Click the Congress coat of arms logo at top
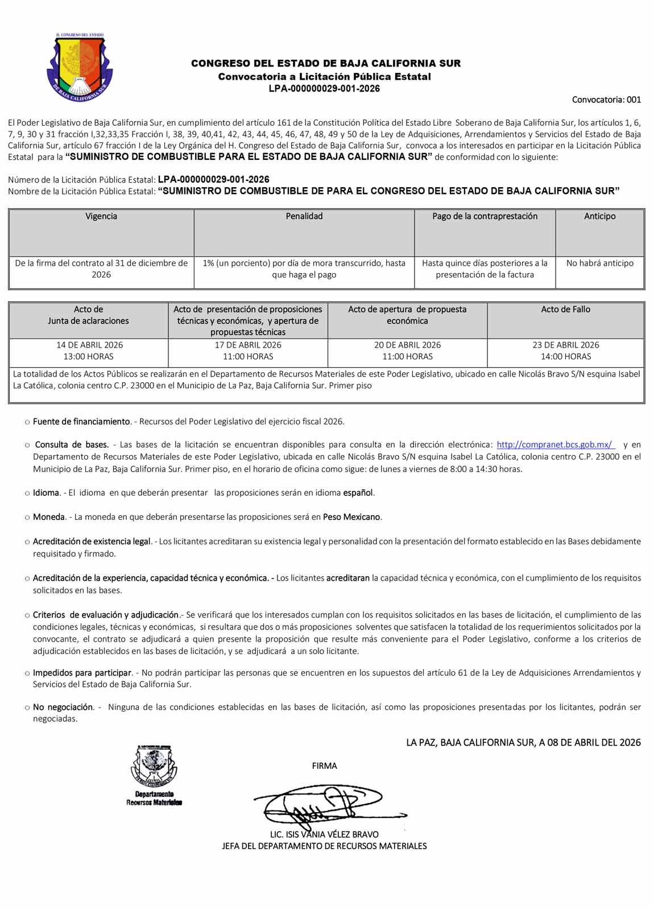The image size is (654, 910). pyautogui.click(x=80, y=64)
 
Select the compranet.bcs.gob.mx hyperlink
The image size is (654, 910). pyautogui.click(x=556, y=444)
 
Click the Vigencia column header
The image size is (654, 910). pyautogui.click(x=101, y=216)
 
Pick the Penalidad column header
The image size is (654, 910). pyautogui.click(x=304, y=216)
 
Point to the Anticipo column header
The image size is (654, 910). pyautogui.click(x=599, y=216)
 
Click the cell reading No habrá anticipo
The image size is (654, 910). pyautogui.click(x=599, y=263)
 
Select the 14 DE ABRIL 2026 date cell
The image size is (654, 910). pyautogui.click(x=89, y=350)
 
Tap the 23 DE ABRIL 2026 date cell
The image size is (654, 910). pyautogui.click(x=565, y=350)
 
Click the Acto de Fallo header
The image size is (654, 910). pyautogui.click(x=565, y=309)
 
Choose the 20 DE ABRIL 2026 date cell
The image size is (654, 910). pyautogui.click(x=407, y=350)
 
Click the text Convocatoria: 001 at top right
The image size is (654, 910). pyautogui.click(x=606, y=100)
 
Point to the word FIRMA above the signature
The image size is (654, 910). pyautogui.click(x=324, y=766)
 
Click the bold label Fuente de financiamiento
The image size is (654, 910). pyautogui.click(x=82, y=421)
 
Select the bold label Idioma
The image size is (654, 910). pyautogui.click(x=46, y=493)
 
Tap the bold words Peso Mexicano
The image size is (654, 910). pyautogui.click(x=351, y=517)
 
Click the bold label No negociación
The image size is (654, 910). pyautogui.click(x=63, y=707)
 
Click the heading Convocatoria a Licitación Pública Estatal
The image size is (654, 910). pyautogui.click(x=325, y=76)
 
